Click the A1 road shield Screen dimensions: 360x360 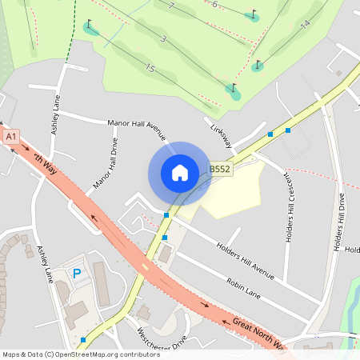tap(11, 137)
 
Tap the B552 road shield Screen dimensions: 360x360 tap(220, 170)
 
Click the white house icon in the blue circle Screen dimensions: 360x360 tap(179, 173)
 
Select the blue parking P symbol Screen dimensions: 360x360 tap(78, 274)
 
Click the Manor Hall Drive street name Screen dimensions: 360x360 tap(105, 163)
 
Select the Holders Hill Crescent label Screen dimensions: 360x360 tap(290, 206)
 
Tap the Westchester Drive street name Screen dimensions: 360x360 tap(161, 340)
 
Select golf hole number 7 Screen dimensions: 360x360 tap(171, 6)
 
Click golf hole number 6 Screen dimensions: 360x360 tap(214, 4)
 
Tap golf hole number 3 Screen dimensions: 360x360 tap(163, 38)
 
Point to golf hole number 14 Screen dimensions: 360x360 tap(305, 26)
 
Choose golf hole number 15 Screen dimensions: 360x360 tap(150, 69)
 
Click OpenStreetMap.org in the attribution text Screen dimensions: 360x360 tap(89, 354)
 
